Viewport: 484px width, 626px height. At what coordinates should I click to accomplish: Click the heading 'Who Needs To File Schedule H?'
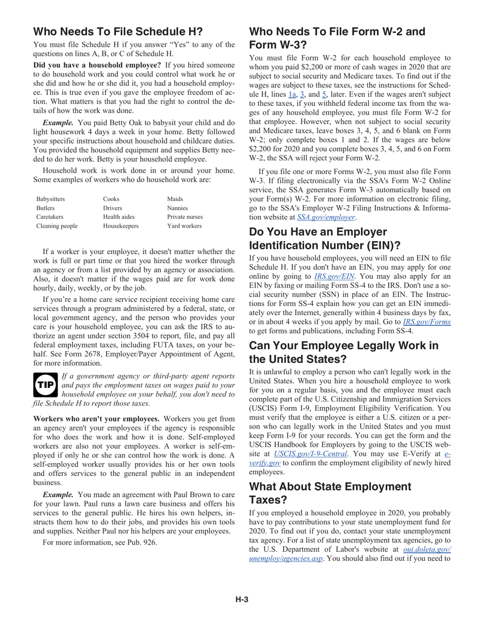(118, 32)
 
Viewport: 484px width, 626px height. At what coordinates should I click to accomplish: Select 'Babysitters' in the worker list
(50, 199)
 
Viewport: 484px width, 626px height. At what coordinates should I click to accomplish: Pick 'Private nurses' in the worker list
(184, 217)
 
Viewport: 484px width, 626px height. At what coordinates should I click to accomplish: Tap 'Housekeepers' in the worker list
(120, 226)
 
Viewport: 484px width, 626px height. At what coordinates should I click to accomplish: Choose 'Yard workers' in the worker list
(184, 226)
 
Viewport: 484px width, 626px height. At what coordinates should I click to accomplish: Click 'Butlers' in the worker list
(45, 208)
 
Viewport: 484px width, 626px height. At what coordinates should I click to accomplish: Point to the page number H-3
(241, 600)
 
